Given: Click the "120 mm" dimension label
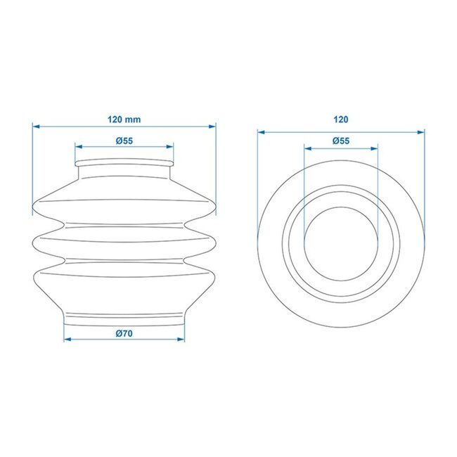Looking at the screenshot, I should click(124, 120).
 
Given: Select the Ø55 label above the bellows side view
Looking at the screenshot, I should click(124, 141).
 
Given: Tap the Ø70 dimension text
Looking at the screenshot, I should click(124, 333).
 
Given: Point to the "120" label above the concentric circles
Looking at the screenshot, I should click(342, 120).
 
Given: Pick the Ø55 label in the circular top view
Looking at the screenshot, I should click(341, 141).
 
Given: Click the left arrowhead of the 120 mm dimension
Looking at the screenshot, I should click(35, 127).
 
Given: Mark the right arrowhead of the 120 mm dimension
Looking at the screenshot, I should click(213, 127).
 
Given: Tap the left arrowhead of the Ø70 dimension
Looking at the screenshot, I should click(66, 340).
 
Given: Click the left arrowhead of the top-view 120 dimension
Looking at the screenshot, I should click(259, 130).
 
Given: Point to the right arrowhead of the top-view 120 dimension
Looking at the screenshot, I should click(424, 130).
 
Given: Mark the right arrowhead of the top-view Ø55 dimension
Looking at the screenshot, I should click(376, 147).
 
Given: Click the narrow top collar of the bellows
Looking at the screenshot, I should click(124, 165).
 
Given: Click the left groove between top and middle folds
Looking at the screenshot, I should click(63, 225).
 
